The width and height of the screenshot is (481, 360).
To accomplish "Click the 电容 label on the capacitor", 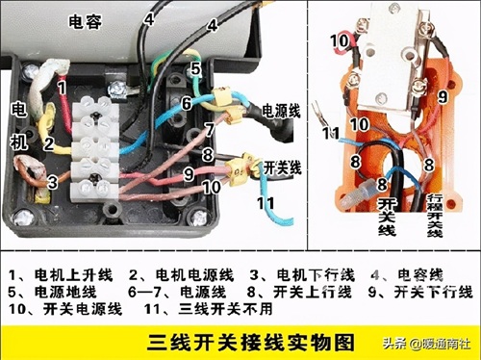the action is pos(85,22).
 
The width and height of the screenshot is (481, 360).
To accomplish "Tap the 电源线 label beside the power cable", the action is pos(281,111).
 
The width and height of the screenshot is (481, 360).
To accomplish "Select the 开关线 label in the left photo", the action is pos(282,167).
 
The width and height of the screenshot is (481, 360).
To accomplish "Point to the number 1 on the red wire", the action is pos(63,88).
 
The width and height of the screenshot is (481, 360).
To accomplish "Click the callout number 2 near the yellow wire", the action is pos(49,143).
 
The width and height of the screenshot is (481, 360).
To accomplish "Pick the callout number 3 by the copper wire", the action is pos(53,182).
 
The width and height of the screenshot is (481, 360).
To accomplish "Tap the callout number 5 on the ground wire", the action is pos(195,69).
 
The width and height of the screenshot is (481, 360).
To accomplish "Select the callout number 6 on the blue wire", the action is pos(187,103).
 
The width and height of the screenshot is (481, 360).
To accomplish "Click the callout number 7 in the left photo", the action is pos(210,129).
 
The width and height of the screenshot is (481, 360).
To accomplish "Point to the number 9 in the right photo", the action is pos(443,96).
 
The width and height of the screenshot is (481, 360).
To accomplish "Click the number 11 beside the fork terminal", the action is pos(331,133).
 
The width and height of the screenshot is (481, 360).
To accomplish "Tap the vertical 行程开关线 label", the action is pos(435,216).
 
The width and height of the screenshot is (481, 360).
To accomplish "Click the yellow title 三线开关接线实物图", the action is pos(251,343).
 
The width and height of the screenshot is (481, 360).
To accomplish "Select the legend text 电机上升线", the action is pos(73,275).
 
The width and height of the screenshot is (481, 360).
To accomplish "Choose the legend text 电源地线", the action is pos(65,292).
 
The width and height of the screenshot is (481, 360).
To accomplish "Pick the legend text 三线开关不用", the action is pos(225,309).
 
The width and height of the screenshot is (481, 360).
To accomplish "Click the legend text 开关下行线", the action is pos(433,292).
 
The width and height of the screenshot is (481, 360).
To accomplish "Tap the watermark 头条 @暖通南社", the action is pos(426,344).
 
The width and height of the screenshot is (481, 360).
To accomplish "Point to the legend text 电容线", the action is pos(420,275).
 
